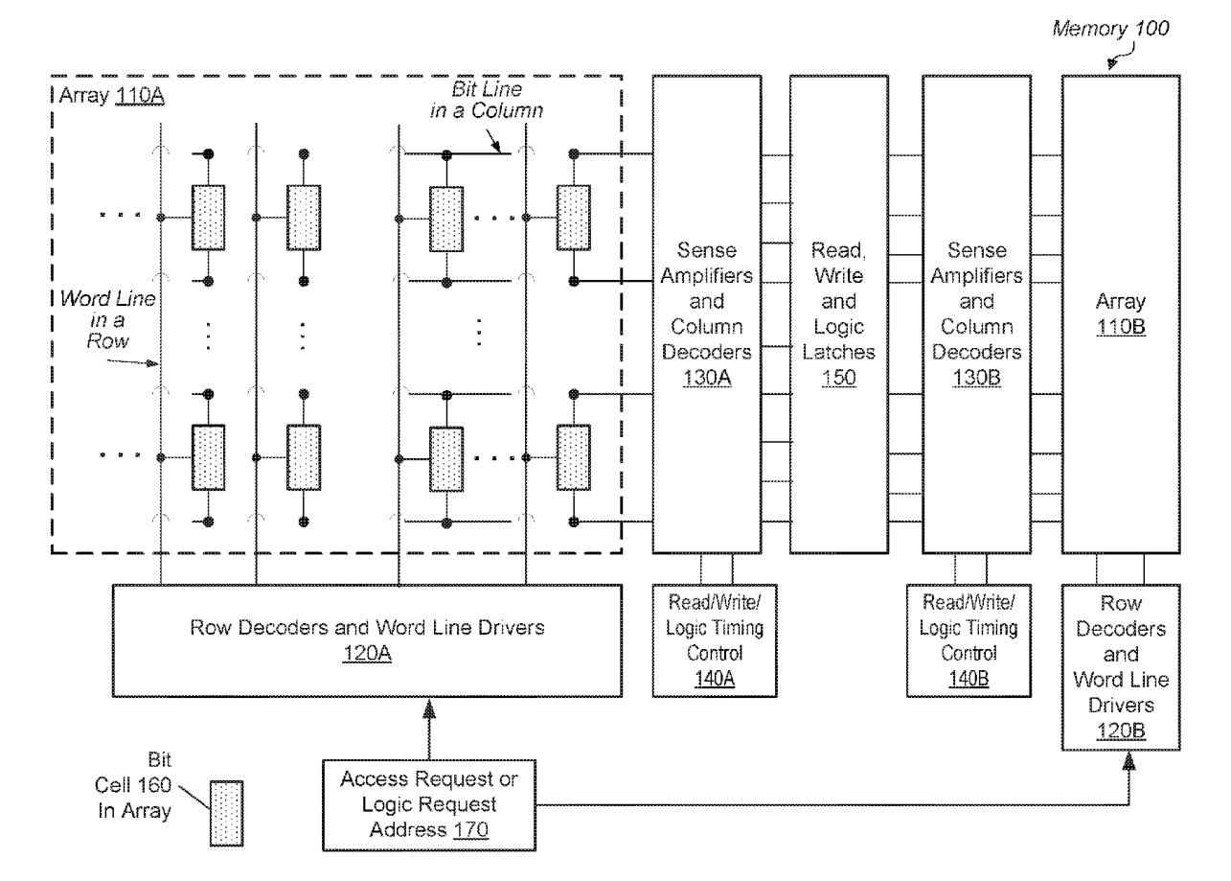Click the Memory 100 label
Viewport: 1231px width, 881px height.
1110,29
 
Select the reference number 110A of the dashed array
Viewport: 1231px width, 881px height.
139,96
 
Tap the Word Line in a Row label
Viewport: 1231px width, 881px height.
107,319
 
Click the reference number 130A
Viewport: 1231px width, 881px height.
707,378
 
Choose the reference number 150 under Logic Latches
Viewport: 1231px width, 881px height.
838,378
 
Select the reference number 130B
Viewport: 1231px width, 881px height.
976,378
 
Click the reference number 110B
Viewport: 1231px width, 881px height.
1120,327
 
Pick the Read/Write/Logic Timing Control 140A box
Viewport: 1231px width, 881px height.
715,640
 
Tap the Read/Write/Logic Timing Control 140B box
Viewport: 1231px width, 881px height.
969,640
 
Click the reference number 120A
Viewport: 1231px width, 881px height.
367,654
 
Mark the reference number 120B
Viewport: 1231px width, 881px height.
1120,731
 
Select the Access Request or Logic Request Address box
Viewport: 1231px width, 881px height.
428,804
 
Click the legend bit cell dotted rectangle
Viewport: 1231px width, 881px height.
226,813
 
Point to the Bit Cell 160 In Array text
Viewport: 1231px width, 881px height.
133,786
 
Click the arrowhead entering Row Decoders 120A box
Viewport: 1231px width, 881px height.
428,707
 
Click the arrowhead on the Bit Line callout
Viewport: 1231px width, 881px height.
499,147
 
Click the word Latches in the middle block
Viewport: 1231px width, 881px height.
838,352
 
